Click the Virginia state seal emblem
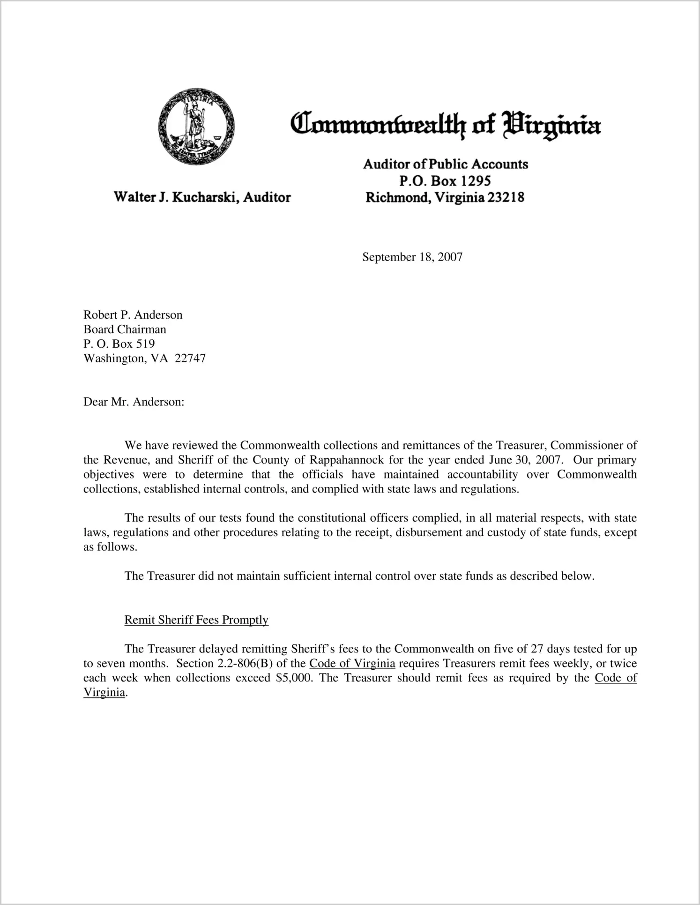(x=196, y=127)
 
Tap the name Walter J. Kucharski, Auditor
(x=202, y=197)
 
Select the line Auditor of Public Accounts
(x=445, y=164)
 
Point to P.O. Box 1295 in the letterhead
(x=445, y=181)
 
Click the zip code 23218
(x=506, y=198)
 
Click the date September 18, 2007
(x=412, y=257)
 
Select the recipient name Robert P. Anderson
(x=133, y=314)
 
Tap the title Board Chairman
(x=125, y=329)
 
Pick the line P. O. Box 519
(x=119, y=344)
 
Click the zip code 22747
(x=190, y=358)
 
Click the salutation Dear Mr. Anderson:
(x=134, y=402)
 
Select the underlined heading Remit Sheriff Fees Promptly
(x=196, y=620)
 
